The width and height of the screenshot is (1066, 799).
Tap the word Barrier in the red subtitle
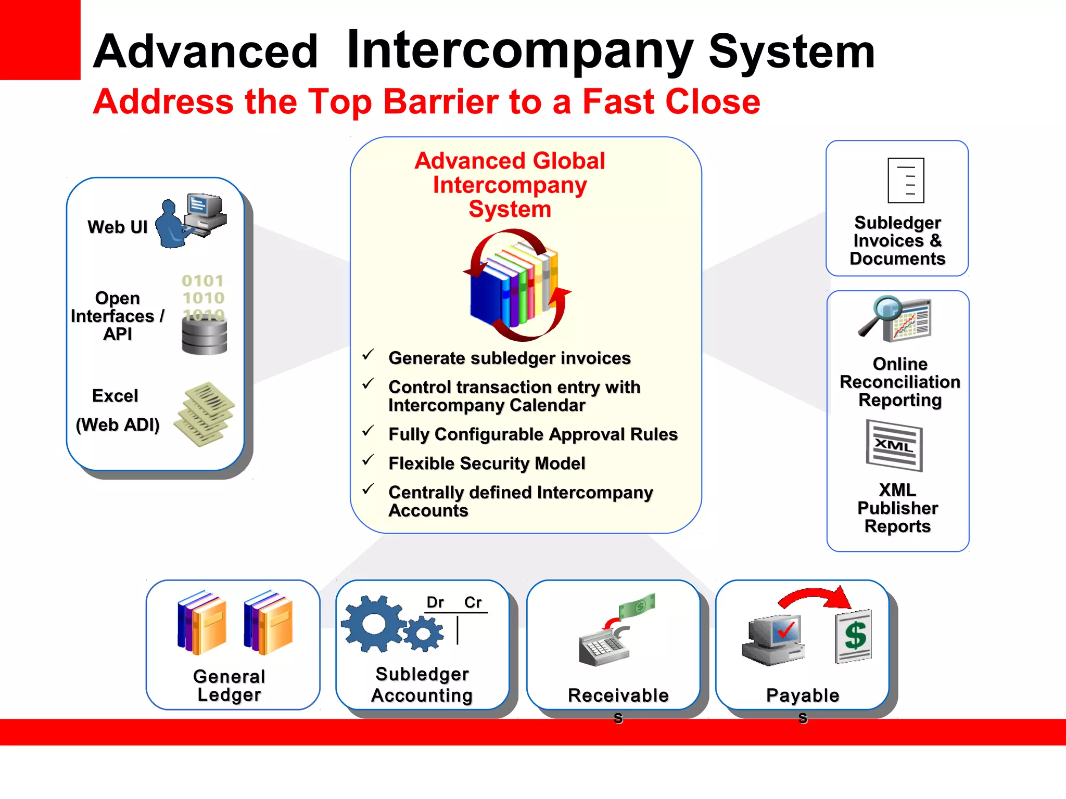tap(440, 101)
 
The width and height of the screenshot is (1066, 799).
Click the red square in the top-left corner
tap(40, 40)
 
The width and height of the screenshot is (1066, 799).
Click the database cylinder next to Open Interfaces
tap(205, 336)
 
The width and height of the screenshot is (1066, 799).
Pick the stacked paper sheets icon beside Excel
tap(205, 414)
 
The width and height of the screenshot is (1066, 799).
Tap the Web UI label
tap(118, 227)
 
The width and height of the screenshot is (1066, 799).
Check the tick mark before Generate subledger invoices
tap(369, 355)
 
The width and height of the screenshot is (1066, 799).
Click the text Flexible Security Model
tap(487, 463)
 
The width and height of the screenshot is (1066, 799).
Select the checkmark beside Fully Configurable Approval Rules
tap(369, 431)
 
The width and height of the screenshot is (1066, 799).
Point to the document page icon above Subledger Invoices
tap(906, 181)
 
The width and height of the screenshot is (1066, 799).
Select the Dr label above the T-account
tap(435, 602)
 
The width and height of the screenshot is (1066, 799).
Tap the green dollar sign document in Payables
tap(854, 636)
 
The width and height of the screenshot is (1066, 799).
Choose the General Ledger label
tap(229, 686)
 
